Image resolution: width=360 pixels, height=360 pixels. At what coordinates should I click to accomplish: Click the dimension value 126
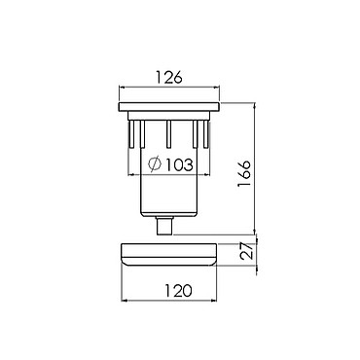(x=169, y=78)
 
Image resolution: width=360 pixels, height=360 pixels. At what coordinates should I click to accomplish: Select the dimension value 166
(x=244, y=173)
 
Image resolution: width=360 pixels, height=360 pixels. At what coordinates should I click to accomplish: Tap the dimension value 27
(x=247, y=251)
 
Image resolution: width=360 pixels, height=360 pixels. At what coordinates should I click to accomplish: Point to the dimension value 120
(x=178, y=290)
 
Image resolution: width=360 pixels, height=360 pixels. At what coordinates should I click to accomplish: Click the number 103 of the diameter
(x=180, y=165)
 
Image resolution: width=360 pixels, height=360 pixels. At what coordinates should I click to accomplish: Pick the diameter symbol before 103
(x=155, y=163)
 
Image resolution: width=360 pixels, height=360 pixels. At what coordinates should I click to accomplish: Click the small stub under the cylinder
(x=164, y=225)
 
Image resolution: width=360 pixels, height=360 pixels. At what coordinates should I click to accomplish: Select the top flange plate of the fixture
(x=169, y=107)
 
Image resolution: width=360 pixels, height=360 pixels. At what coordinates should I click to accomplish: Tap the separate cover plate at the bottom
(x=169, y=254)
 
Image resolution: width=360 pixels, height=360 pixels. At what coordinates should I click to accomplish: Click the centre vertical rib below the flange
(x=168, y=134)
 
